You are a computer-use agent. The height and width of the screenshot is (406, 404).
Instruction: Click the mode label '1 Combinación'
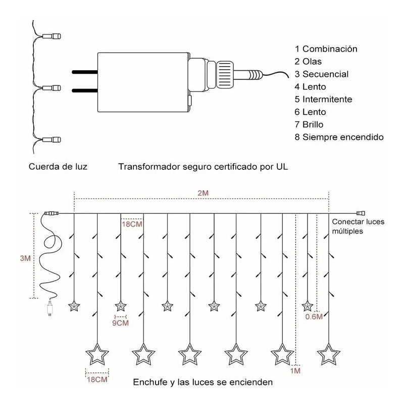(x=326, y=49)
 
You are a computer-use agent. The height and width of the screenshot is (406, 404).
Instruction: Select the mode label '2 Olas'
(x=309, y=62)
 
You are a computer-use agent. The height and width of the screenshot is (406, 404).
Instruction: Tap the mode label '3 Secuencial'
(x=322, y=74)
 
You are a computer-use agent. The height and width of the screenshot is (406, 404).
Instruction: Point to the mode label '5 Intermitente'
(x=324, y=99)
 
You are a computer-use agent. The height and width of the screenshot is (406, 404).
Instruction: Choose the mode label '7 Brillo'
(x=309, y=124)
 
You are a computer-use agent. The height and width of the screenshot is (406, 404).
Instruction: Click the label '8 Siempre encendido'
(x=339, y=137)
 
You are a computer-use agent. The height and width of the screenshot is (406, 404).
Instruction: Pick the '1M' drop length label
(x=296, y=371)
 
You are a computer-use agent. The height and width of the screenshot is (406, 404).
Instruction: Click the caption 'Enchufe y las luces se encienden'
(x=203, y=382)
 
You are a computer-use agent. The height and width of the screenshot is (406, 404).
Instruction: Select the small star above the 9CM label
(x=120, y=305)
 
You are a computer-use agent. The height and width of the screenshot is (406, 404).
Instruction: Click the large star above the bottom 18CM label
(x=96, y=354)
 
